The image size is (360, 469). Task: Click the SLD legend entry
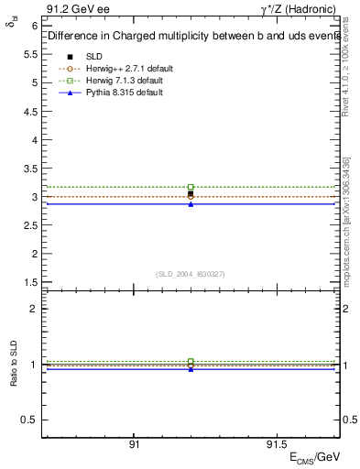tap(93, 56)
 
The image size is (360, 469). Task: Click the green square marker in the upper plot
tap(191, 187)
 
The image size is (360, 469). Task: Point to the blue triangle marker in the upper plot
tap(191, 203)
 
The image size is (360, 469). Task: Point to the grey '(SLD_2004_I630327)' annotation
tap(191, 273)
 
